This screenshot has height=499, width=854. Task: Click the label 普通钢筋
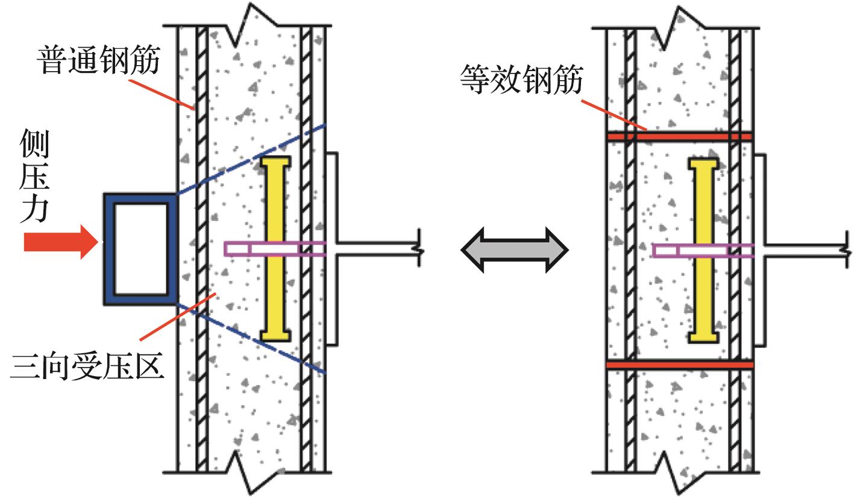[100, 61]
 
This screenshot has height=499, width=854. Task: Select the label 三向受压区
[87, 366]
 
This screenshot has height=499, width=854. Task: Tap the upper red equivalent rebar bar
[679, 137]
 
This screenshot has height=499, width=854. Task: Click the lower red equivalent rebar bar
[679, 365]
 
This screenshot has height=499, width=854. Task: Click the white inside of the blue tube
[141, 248]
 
